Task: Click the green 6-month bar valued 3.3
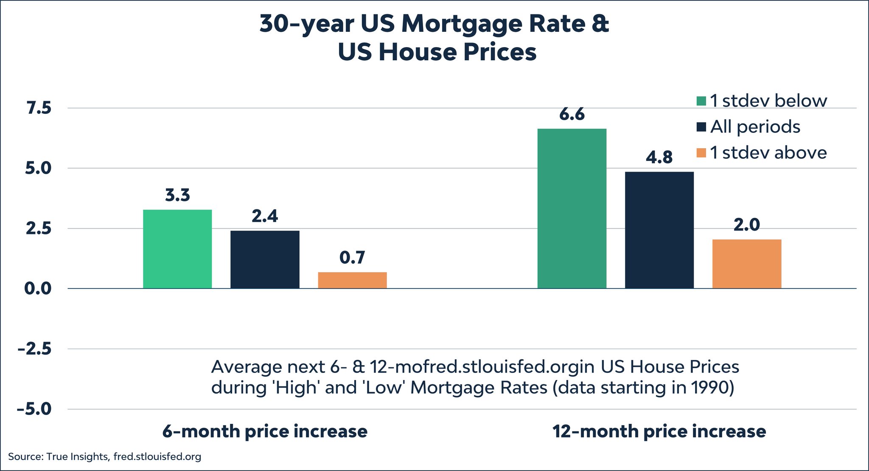pos(177,249)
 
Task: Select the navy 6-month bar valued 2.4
pos(265,259)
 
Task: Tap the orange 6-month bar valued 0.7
pos(352,280)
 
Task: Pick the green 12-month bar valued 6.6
pos(572,209)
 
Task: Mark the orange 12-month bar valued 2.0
pos(746,264)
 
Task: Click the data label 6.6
pos(572,114)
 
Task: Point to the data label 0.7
pos(352,258)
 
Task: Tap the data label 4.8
pos(659,158)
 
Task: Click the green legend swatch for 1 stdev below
pos(701,101)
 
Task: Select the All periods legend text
pos(755,127)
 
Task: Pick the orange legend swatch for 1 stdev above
pos(701,152)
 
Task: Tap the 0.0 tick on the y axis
pos(37,289)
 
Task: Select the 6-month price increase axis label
pos(265,432)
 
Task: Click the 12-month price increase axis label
pos(659,432)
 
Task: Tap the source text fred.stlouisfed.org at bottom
pos(157,457)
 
